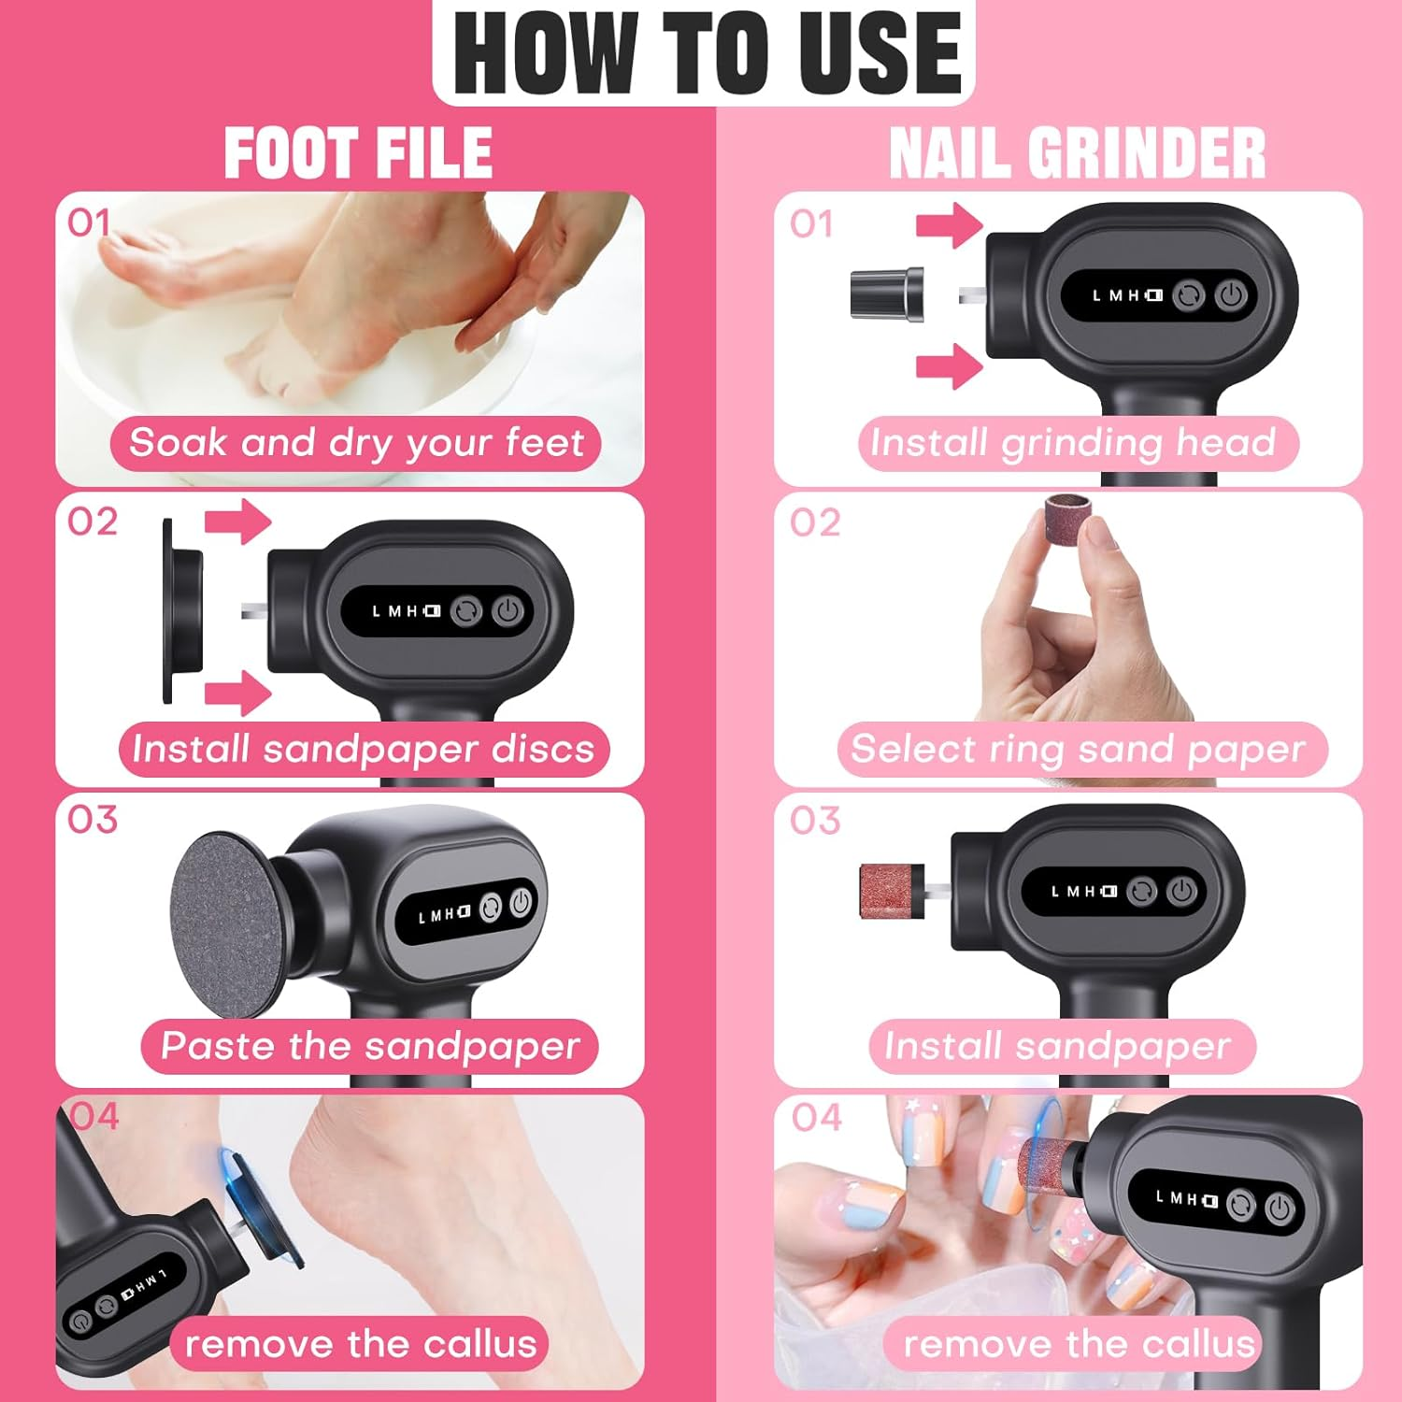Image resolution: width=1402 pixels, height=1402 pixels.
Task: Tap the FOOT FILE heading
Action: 358,154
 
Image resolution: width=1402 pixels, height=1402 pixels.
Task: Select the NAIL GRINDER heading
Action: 1077,154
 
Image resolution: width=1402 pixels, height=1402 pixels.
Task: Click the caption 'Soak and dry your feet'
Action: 356,443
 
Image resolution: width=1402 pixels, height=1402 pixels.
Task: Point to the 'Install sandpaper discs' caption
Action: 364,750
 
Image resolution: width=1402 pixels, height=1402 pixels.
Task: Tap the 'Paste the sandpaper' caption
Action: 370,1046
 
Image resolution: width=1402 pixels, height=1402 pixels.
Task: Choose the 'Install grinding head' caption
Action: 1073,443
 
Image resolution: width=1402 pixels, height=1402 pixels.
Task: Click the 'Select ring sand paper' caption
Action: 1079,750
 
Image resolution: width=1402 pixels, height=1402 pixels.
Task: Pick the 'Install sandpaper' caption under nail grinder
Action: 1057,1046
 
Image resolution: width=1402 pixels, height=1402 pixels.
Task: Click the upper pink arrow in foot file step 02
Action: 237,521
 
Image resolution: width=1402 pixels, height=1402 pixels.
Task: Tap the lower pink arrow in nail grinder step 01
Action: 949,365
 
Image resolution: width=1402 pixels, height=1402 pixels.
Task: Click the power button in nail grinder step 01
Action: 1231,296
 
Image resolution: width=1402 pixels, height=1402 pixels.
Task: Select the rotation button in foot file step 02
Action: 465,611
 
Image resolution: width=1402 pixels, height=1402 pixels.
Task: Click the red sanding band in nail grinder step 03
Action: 891,891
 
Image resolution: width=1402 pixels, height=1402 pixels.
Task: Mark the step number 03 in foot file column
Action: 93,820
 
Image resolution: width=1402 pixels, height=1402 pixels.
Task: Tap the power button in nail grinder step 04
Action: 1280,1209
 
